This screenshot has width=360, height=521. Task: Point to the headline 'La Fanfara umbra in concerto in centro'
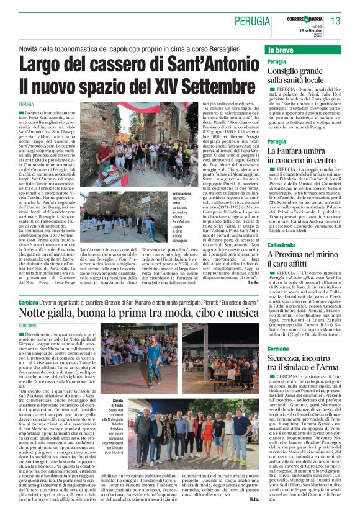301,156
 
